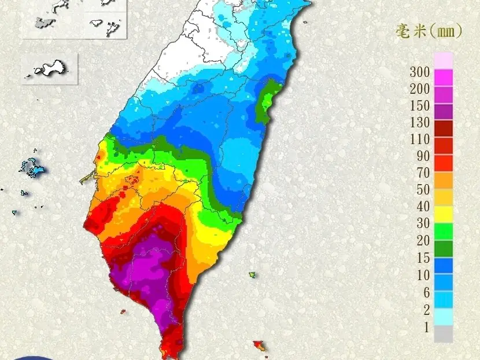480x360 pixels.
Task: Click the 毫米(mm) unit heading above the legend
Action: (x=429, y=31)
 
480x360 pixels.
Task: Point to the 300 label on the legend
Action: (x=419, y=72)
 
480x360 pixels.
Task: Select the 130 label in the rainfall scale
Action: (x=419, y=123)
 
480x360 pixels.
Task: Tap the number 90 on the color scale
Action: (x=423, y=156)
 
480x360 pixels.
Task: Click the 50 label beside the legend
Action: (x=423, y=190)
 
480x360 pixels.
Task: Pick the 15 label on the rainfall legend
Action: (x=423, y=258)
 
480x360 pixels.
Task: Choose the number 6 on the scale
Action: (x=426, y=292)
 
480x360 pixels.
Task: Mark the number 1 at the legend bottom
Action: (x=427, y=328)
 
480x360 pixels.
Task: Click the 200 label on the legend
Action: (x=419, y=89)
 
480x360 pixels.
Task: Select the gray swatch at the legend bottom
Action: (x=444, y=334)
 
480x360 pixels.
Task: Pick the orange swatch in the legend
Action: (x=444, y=181)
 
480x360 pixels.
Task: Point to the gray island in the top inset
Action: (x=45, y=23)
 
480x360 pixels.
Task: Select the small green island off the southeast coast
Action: (x=253, y=274)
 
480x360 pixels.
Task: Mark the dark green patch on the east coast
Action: (x=265, y=105)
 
